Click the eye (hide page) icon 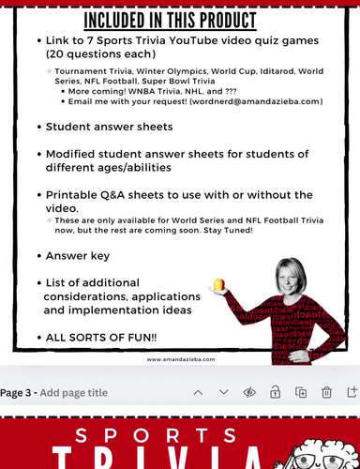click(249, 393)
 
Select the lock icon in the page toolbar click(276, 393)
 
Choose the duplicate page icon click(301, 393)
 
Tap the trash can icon click(326, 393)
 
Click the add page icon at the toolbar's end click(352, 393)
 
